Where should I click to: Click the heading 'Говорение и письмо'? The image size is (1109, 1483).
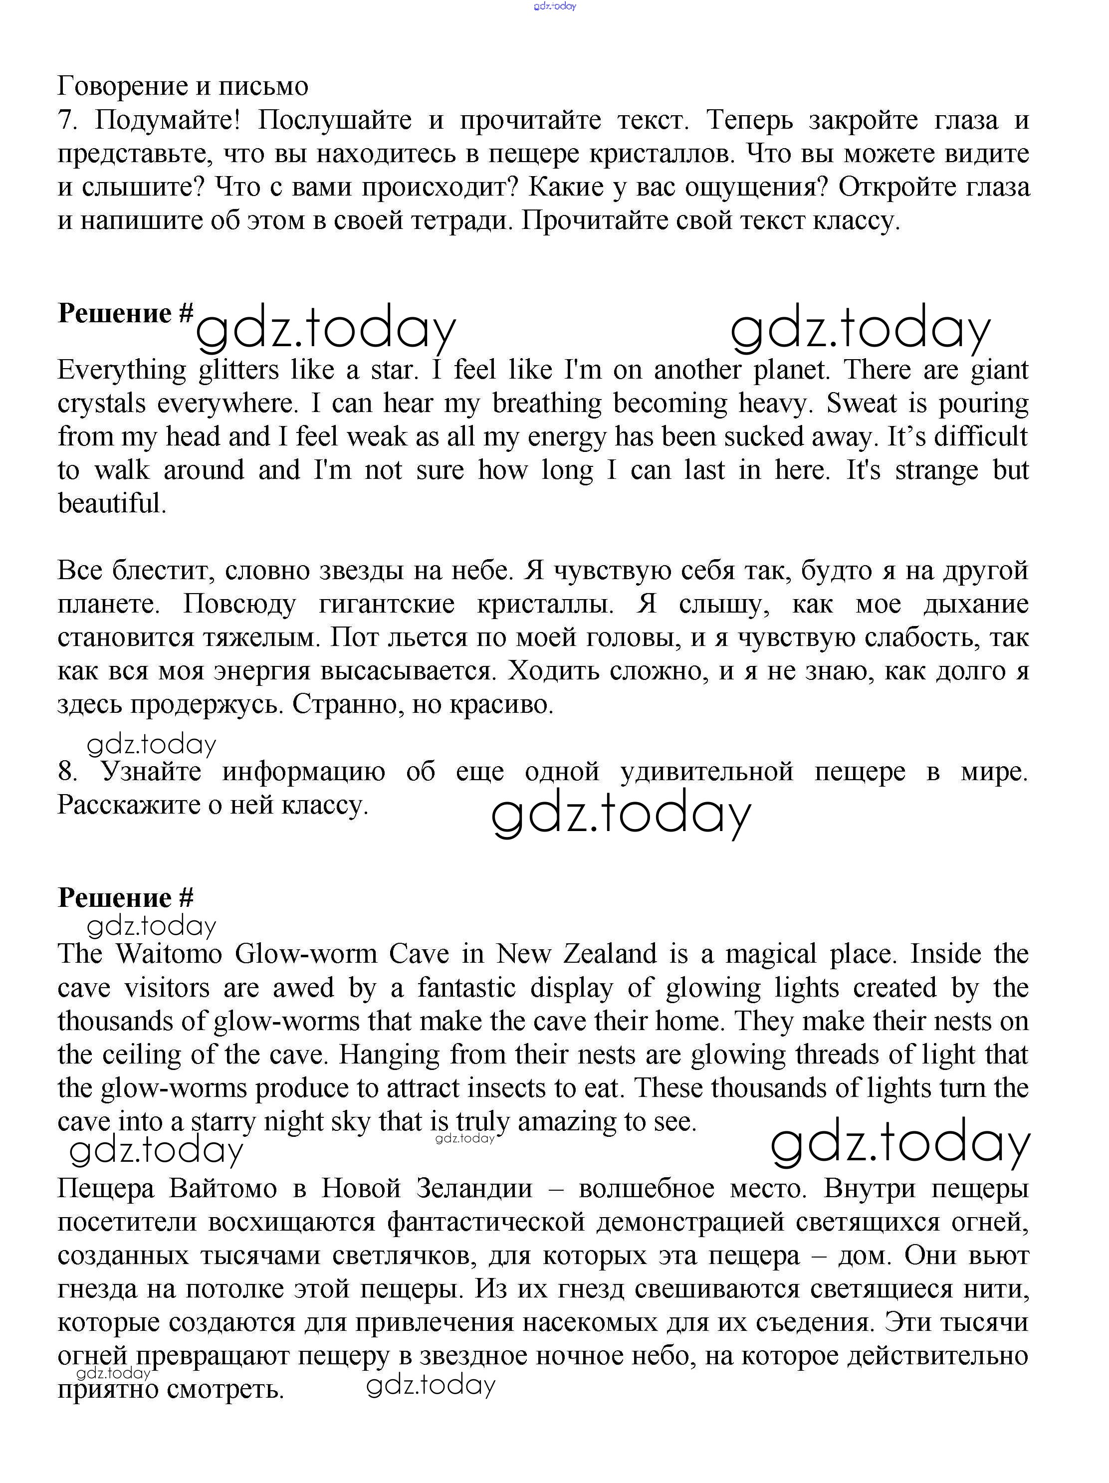pyautogui.click(x=183, y=86)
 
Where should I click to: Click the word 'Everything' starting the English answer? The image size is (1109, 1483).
pyautogui.click(x=121, y=370)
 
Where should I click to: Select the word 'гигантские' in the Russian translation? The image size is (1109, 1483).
pyautogui.click(x=386, y=604)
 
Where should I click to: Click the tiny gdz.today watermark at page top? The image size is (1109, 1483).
pyautogui.click(x=555, y=6)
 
